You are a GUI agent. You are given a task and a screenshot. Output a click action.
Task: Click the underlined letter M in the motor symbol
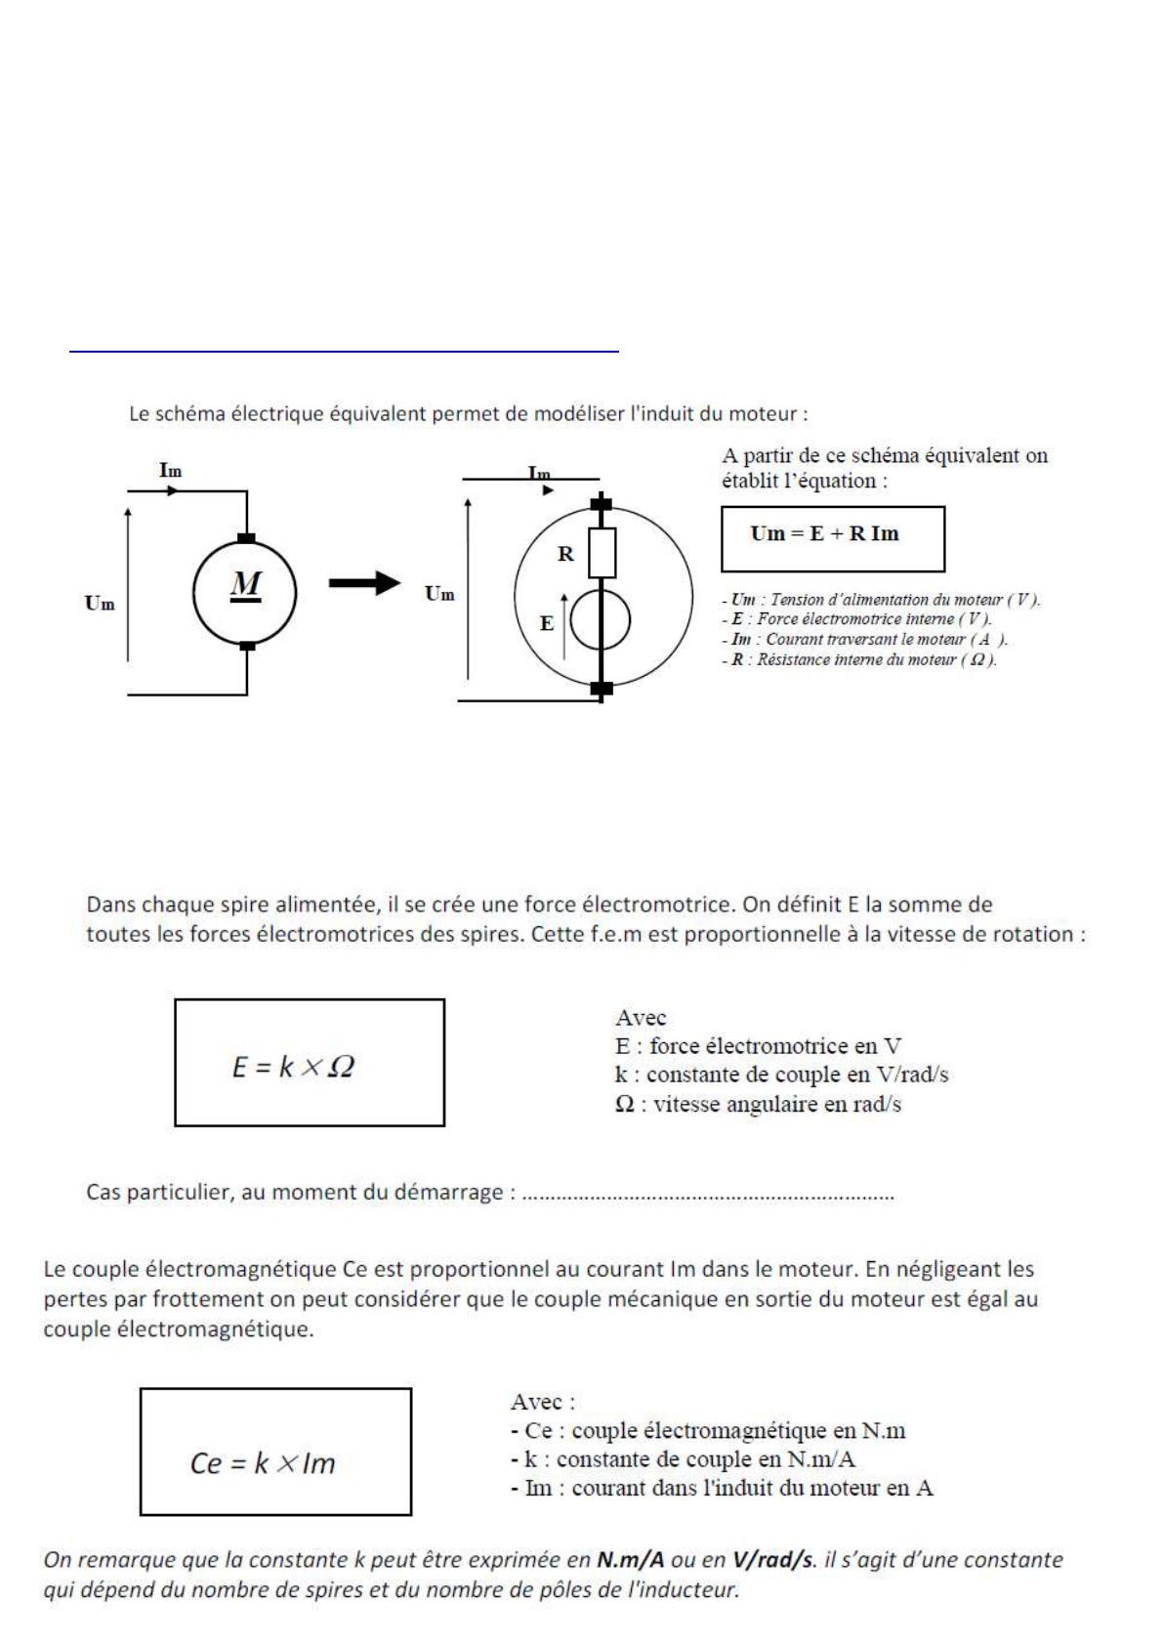[x=246, y=584]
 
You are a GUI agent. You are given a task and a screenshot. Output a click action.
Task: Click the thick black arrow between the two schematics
[x=363, y=584]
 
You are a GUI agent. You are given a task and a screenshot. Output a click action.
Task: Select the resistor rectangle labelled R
[x=602, y=553]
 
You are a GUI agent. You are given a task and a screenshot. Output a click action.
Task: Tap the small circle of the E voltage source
[x=601, y=621]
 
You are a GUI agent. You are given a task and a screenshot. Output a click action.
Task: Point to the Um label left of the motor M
[x=100, y=604]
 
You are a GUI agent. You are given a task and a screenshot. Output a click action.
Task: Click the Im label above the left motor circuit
[x=170, y=471]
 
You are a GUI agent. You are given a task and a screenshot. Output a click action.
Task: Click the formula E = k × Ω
[x=293, y=1067]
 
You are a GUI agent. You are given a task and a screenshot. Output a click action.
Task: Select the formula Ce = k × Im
[x=263, y=1463]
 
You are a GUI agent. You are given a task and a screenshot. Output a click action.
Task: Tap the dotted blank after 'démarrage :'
[x=708, y=1195]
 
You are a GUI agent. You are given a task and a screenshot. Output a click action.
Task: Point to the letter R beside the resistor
[x=565, y=554]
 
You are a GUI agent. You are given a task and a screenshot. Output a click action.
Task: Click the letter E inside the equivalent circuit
[x=547, y=622]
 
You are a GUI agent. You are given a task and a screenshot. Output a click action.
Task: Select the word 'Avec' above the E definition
[x=641, y=1017]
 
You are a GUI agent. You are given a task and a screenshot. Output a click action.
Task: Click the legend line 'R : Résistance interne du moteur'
[x=859, y=660]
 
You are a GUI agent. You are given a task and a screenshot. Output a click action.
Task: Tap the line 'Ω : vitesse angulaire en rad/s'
[x=758, y=1105]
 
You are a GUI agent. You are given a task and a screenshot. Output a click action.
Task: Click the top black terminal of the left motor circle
[x=247, y=538]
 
